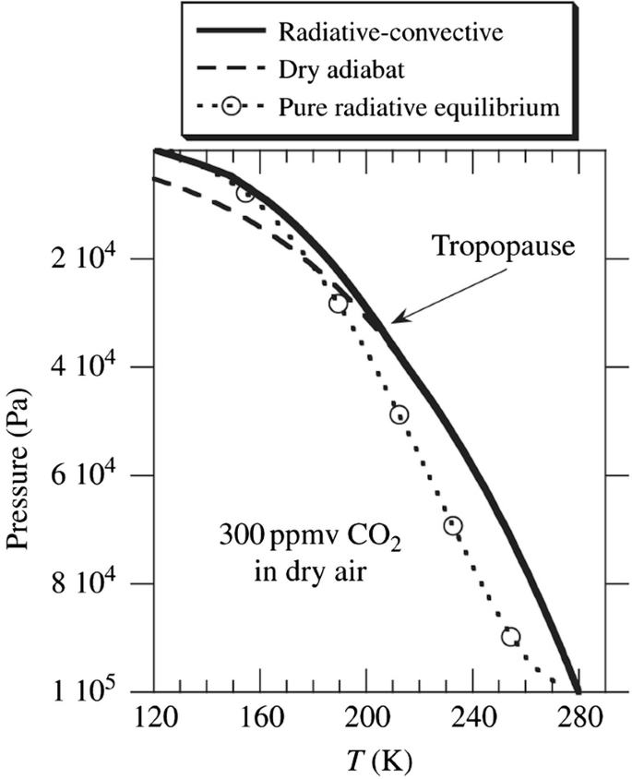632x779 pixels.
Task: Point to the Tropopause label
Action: [503, 247]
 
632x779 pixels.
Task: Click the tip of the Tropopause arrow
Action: [390, 323]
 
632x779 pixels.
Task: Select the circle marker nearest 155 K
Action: [245, 193]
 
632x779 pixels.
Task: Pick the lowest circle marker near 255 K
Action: [510, 637]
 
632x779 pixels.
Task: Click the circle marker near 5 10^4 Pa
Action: [399, 414]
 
